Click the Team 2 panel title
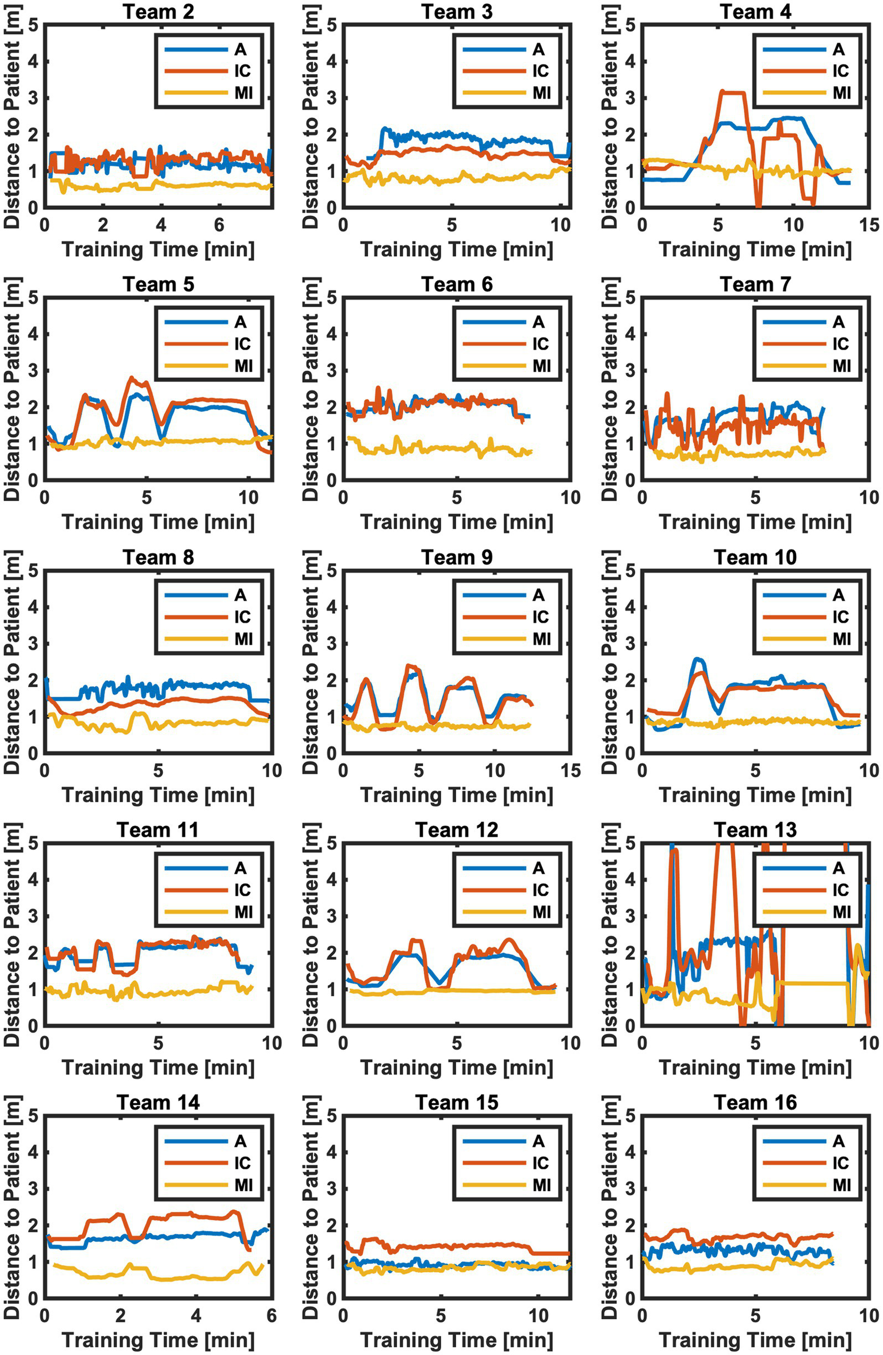[x=158, y=12]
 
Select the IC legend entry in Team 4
[x=840, y=71]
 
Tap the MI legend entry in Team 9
[x=541, y=639]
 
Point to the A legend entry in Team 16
[x=838, y=1141]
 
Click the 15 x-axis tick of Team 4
[x=869, y=225]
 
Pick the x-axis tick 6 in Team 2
[x=219, y=225]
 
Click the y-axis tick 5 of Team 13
[x=630, y=844]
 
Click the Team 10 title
[x=755, y=557]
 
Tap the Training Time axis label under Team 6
[x=457, y=522]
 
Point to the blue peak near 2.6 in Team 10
[x=698, y=659]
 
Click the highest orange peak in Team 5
[x=132, y=378]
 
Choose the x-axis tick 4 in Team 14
[x=196, y=1316]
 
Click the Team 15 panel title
[x=457, y=1103]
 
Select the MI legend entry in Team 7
[x=842, y=366]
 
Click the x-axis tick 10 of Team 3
[x=560, y=225]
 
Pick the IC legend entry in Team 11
[x=242, y=890]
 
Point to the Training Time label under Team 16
[x=755, y=1341]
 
